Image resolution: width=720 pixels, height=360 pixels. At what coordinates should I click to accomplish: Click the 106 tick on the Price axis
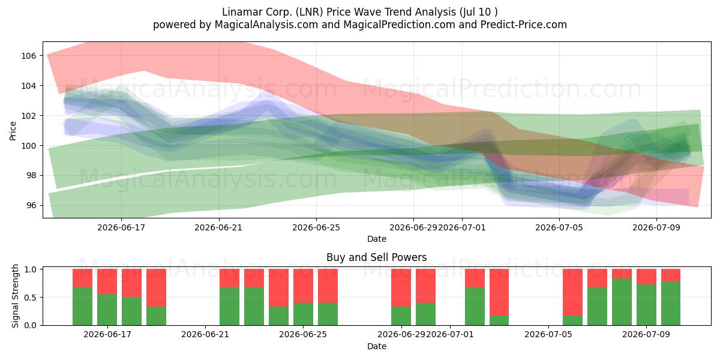tap(28, 56)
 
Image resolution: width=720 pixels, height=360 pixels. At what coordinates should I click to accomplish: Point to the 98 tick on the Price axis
tap(31, 175)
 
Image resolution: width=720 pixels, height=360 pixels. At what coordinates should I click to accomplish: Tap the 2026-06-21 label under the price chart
tap(218, 227)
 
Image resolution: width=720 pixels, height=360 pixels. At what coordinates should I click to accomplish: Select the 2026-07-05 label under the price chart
tap(559, 227)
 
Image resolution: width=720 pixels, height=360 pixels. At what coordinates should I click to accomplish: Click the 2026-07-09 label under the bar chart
tap(646, 335)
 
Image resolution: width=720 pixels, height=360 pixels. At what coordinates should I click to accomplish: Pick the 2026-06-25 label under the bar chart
tap(303, 335)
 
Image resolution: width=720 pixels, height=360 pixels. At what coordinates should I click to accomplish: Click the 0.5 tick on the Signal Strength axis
tap(30, 298)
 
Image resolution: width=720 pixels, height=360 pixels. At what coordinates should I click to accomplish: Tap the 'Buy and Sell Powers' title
tap(376, 257)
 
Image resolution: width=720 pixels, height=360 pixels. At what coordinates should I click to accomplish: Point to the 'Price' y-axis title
tap(13, 131)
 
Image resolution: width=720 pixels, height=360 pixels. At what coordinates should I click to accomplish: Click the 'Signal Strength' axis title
tap(15, 296)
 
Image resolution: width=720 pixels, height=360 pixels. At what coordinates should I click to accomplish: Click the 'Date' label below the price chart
tap(377, 239)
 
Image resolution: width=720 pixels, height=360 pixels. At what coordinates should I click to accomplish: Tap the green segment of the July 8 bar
tap(622, 302)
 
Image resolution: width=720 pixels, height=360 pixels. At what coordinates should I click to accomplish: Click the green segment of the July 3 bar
tap(499, 320)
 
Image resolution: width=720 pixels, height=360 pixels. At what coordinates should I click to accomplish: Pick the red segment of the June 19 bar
tap(156, 287)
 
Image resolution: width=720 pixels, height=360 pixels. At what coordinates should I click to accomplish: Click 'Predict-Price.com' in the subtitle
tap(524, 25)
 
